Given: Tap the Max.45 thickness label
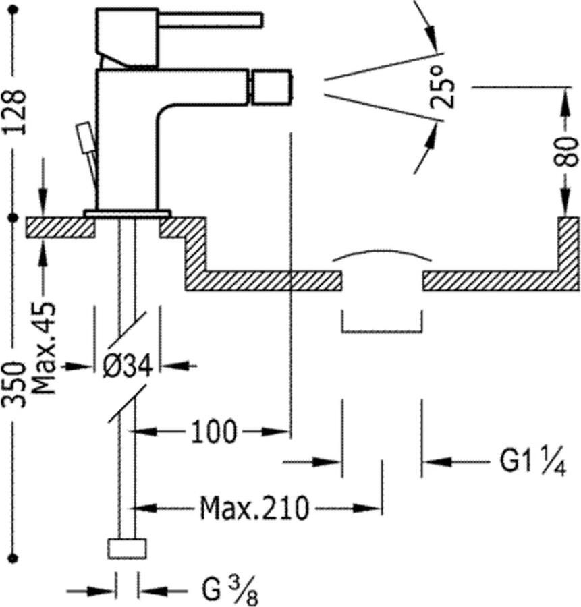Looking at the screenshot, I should point(45,348).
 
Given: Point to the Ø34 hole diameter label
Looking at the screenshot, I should point(128,366).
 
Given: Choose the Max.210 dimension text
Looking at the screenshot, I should point(254,507).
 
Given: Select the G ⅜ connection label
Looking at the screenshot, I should point(229,591).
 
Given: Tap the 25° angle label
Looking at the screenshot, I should point(443,87).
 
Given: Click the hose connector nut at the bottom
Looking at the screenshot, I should point(127,548).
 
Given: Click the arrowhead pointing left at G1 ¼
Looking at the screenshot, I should point(432,463).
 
